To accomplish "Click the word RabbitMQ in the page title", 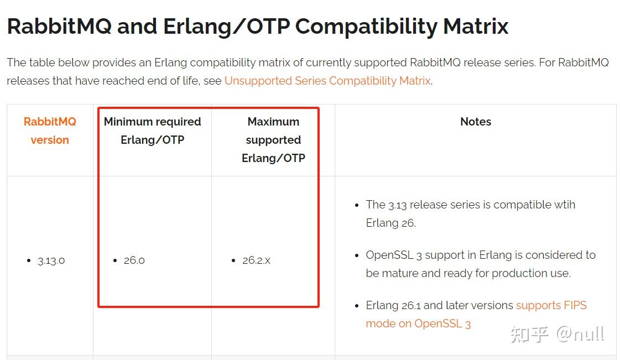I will click(x=58, y=26).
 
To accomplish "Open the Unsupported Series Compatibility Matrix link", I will click(x=327, y=81).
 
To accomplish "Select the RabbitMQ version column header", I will click(x=50, y=131).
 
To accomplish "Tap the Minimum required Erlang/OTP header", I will click(x=152, y=131).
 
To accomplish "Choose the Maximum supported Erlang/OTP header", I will click(x=273, y=140).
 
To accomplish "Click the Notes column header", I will click(x=476, y=122).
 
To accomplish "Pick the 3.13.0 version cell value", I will click(x=51, y=260).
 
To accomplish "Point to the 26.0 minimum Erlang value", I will click(x=134, y=260).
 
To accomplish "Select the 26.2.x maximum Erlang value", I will click(x=256, y=260).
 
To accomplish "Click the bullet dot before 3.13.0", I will click(x=29, y=260).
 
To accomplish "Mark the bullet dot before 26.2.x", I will click(x=233, y=260).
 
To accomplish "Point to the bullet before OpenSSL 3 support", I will click(x=357, y=255).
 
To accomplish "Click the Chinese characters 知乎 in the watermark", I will click(x=529, y=334).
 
